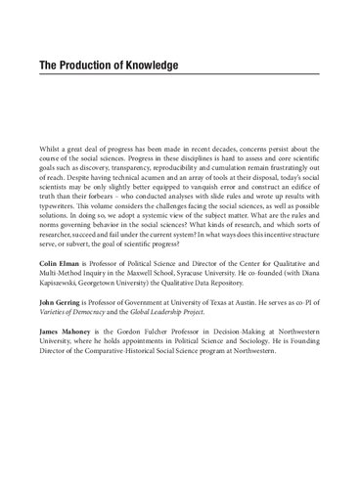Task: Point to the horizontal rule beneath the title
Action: [x=180, y=82]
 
